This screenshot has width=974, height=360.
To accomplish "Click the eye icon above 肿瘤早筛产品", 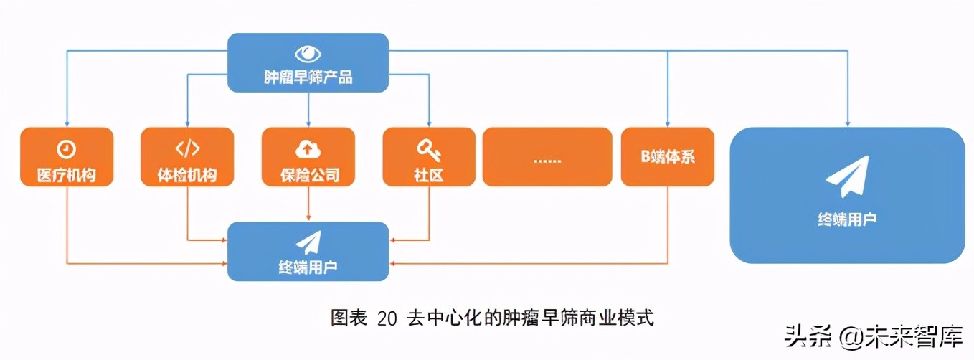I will click(x=308, y=54).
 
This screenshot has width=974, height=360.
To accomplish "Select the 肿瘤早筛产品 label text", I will click(x=308, y=77).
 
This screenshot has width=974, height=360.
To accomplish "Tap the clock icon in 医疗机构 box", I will click(x=66, y=149).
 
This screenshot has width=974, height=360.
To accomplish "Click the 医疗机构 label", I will click(x=66, y=174).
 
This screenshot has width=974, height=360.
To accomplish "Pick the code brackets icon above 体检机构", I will click(x=187, y=149).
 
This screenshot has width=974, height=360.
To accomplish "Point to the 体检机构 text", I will click(x=187, y=174).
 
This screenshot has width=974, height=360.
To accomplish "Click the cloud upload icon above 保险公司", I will click(x=308, y=149).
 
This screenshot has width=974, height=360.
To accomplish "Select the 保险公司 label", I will click(x=308, y=174).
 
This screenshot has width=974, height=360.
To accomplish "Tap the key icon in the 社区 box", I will click(x=428, y=149).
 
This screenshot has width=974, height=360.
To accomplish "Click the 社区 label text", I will click(x=428, y=174).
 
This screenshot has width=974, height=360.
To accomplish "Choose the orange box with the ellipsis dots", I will click(x=547, y=157).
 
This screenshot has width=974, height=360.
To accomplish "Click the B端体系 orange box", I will click(x=667, y=157).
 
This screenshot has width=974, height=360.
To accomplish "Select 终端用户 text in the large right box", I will click(x=847, y=219).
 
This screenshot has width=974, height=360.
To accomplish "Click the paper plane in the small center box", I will click(x=308, y=242).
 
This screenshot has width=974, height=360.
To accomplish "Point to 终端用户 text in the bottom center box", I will click(x=308, y=266).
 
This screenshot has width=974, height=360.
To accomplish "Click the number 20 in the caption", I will click(x=387, y=318).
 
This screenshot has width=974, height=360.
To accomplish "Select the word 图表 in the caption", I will click(x=349, y=318).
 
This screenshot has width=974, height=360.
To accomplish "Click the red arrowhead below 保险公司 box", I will click(x=308, y=217).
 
